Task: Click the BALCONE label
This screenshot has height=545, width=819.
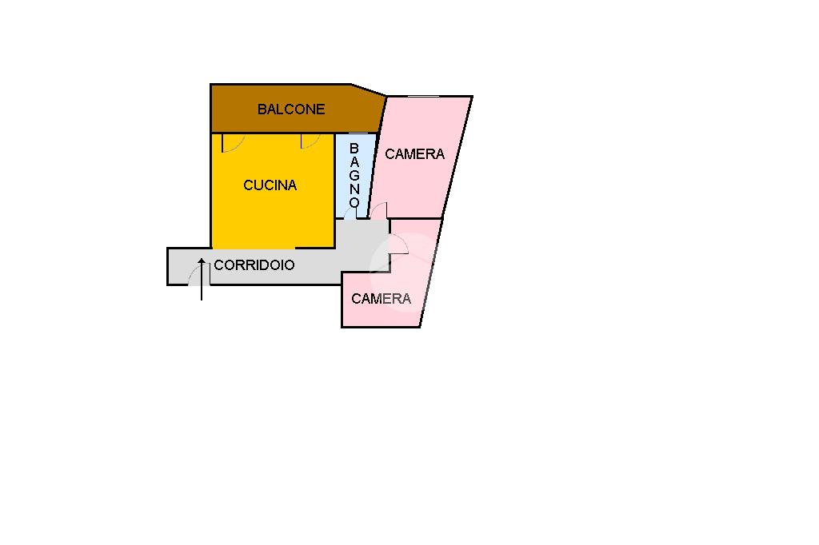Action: tap(291, 109)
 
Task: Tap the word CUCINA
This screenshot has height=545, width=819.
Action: tap(270, 185)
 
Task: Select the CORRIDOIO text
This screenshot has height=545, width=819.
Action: tap(254, 265)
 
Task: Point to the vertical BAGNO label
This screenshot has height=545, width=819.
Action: tap(354, 176)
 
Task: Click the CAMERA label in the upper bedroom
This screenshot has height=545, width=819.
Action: tap(414, 154)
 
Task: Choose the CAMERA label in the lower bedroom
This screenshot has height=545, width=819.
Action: tap(381, 299)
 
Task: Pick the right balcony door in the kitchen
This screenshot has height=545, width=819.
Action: tap(310, 141)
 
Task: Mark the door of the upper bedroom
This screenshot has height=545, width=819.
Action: tap(379, 211)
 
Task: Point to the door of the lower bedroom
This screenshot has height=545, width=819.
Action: tap(399, 245)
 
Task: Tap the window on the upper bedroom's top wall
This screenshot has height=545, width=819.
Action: tap(423, 97)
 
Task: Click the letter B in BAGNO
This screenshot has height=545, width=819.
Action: tap(354, 149)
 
